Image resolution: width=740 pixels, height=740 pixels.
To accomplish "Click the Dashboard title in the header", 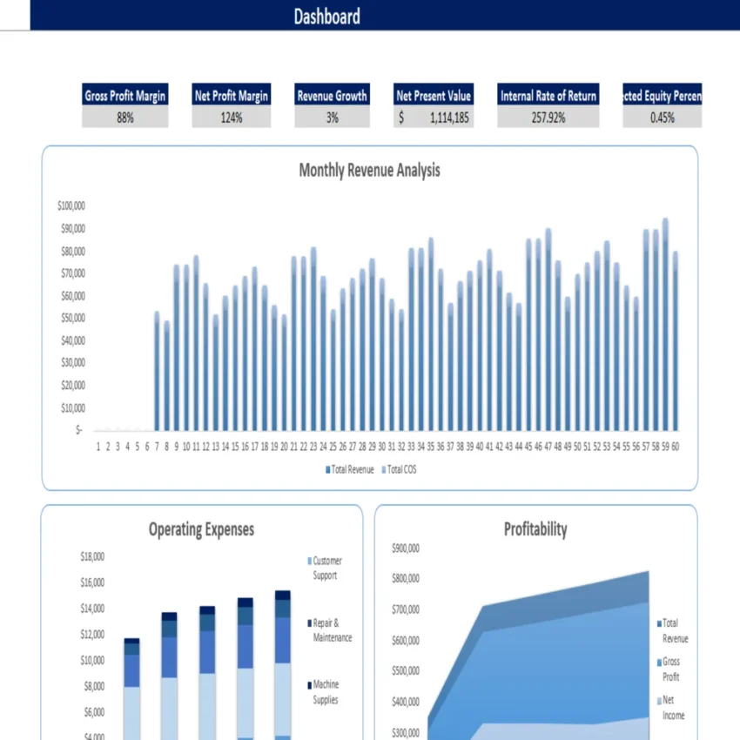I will pos(326,17).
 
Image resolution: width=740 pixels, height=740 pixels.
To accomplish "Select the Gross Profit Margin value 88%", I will pos(125,118).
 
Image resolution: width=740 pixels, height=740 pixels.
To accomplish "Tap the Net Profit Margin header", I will pos(231,96).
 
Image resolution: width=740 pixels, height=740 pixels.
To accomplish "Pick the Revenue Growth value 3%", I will pos(332,118).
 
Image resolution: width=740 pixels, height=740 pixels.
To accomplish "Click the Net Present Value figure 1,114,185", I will pos(449,118).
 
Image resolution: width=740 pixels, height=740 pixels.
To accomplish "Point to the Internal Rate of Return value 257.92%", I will pos(548,118).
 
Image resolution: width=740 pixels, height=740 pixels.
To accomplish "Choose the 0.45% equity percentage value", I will pos(662,118).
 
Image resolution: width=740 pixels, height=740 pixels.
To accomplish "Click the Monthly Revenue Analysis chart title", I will pos(369,170).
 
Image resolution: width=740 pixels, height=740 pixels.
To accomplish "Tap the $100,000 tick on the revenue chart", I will pos(71,206).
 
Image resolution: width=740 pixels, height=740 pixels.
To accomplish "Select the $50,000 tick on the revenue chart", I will pos(72,318).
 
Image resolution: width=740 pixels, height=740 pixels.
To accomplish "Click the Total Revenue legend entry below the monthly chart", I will pos(350,469).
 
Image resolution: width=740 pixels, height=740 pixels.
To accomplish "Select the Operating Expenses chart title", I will pos(201,528).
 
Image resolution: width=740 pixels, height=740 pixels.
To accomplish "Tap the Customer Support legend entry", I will pos(326,568).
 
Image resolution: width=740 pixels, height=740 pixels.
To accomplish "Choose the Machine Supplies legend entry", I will pos(326,691).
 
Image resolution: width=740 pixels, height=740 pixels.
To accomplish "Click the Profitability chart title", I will pos(535,528).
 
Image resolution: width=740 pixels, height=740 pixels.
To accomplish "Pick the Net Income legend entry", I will pos(673,707).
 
